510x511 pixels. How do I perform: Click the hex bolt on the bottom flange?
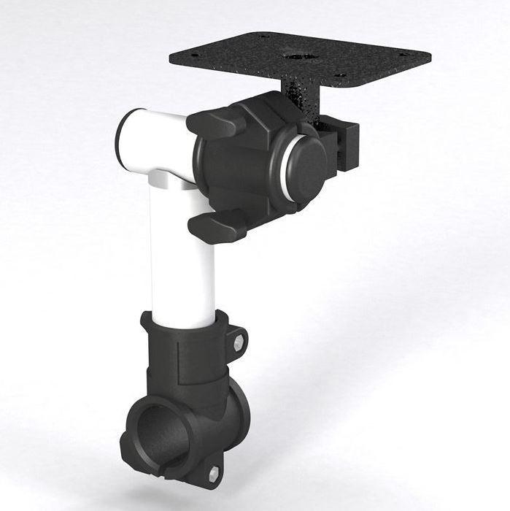coord(214,474)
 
